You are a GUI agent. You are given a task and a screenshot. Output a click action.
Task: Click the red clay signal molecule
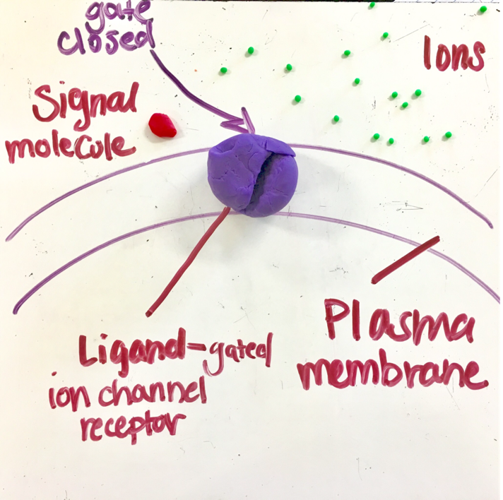[162, 125]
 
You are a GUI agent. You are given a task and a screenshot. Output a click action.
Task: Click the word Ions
[454, 54]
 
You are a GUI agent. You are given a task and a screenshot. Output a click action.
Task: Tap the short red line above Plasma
[405, 259]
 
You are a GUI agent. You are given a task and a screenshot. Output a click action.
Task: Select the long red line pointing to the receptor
[188, 262]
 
